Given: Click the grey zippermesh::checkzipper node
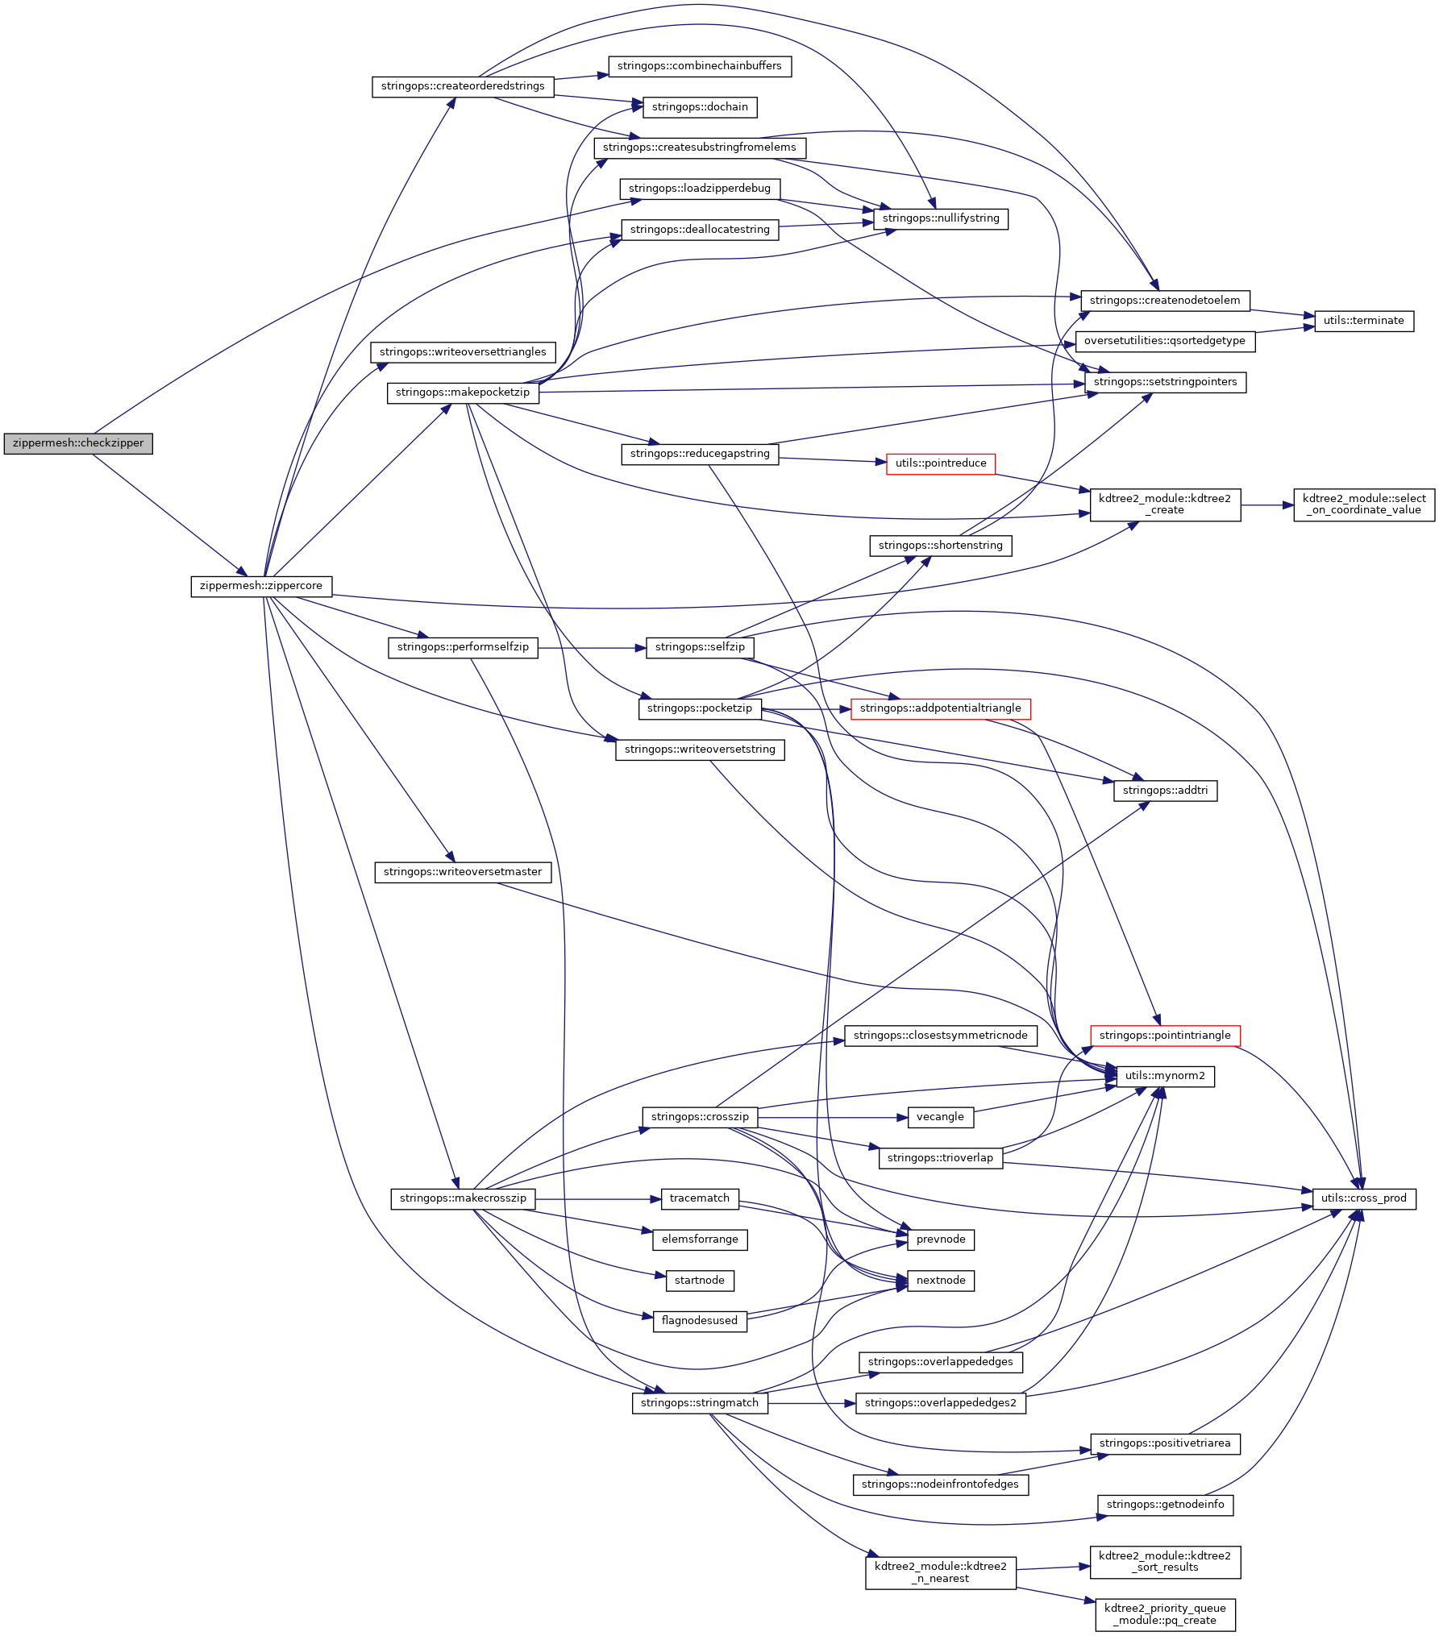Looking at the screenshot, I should pyautogui.click(x=78, y=443).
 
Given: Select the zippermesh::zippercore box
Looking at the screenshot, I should pyautogui.click(x=261, y=586).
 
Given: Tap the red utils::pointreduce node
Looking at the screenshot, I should pyautogui.click(x=941, y=463).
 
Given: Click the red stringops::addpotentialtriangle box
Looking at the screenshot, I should pyautogui.click(x=940, y=708).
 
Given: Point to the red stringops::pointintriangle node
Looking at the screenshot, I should pyautogui.click(x=1165, y=1036).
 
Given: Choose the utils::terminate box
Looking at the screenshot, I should pyautogui.click(x=1364, y=321).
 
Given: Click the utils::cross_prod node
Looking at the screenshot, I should pyautogui.click(x=1364, y=1198).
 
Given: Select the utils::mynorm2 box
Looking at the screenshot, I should pyautogui.click(x=1165, y=1076).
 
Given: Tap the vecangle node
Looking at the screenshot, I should pyautogui.click(x=940, y=1117).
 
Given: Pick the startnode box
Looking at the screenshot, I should pyautogui.click(x=700, y=1281).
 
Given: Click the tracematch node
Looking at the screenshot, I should pyautogui.click(x=700, y=1198).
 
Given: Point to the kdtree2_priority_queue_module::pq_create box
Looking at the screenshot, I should pyautogui.click(x=1165, y=1614).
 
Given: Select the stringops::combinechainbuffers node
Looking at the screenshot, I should pyautogui.click(x=700, y=66).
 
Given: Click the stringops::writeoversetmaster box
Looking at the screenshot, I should pyautogui.click(x=463, y=872).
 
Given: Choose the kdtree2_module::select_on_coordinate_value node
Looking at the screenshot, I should pyautogui.click(x=1364, y=505).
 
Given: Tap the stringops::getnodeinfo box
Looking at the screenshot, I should pyautogui.click(x=1165, y=1505).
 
